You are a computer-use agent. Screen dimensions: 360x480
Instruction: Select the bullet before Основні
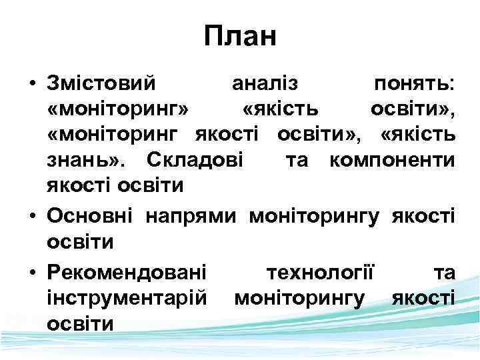(x=32, y=217)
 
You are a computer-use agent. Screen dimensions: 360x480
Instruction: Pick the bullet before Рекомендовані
(x=32, y=273)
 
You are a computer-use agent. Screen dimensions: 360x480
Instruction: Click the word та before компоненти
(x=297, y=161)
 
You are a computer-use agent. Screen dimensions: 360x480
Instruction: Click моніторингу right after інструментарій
(x=299, y=298)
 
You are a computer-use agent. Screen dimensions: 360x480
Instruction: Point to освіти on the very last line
(x=80, y=323)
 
